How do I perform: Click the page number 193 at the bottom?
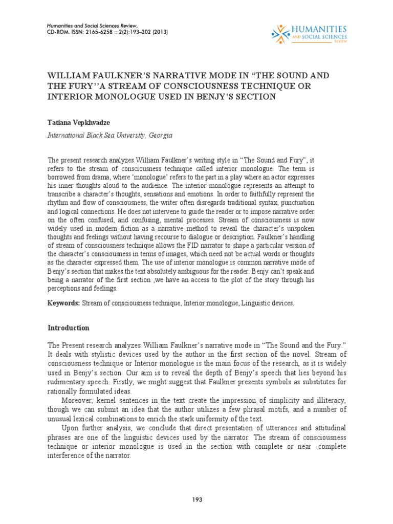point(196,499)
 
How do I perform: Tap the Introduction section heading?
point(69,327)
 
